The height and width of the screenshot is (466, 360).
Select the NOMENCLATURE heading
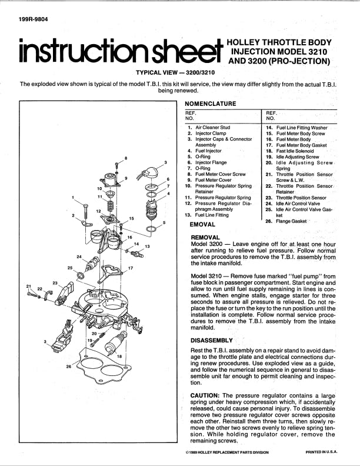pos(210,104)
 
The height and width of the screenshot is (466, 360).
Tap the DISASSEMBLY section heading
pos(212,340)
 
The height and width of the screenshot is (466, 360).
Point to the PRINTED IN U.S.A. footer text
pos(322,452)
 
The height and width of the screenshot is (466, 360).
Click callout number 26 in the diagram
pos(69,366)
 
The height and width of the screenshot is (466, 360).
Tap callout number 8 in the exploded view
pos(126,159)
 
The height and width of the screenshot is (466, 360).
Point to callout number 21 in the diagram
pos(28,286)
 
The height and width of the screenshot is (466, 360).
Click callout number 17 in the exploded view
pos(131,268)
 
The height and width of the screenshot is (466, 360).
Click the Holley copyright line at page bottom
pos(226,452)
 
